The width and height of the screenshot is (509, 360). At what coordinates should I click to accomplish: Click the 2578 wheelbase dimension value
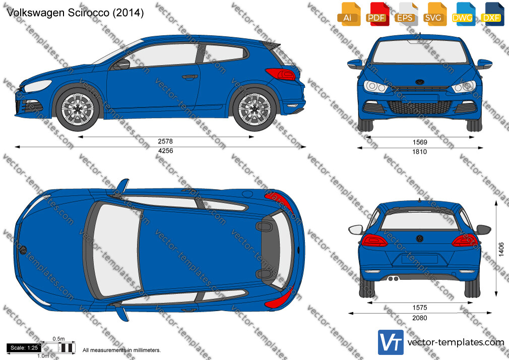click(165, 141)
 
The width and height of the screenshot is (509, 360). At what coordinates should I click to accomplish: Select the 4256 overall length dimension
click(165, 151)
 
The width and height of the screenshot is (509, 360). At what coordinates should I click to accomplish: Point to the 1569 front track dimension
click(420, 142)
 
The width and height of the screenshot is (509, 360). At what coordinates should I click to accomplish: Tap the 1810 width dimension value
click(420, 152)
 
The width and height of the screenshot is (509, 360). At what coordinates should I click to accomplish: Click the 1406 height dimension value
click(501, 249)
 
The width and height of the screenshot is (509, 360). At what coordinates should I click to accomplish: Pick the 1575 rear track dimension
click(420, 308)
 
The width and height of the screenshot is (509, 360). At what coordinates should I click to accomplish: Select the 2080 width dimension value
click(420, 318)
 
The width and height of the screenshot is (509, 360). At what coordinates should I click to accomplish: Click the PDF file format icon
click(376, 14)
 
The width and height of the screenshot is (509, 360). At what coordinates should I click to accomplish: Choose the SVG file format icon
click(434, 14)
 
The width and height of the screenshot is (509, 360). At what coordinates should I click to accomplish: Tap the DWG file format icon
click(462, 14)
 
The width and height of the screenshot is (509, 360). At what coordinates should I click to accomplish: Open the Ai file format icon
click(348, 14)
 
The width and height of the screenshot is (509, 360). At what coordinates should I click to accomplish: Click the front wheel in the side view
click(78, 109)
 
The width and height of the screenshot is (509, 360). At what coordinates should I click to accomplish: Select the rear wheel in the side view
click(254, 109)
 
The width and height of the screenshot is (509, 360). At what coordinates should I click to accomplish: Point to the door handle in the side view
click(190, 77)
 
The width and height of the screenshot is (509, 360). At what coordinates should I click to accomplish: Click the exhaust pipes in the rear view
click(394, 278)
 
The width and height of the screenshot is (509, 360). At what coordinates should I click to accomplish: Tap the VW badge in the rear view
click(420, 239)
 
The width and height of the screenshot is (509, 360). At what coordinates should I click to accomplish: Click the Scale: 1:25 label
click(24, 348)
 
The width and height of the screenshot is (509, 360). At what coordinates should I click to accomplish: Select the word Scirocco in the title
click(89, 13)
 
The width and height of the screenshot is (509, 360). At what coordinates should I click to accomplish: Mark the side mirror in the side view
click(122, 64)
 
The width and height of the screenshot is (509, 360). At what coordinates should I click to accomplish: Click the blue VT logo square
click(391, 342)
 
